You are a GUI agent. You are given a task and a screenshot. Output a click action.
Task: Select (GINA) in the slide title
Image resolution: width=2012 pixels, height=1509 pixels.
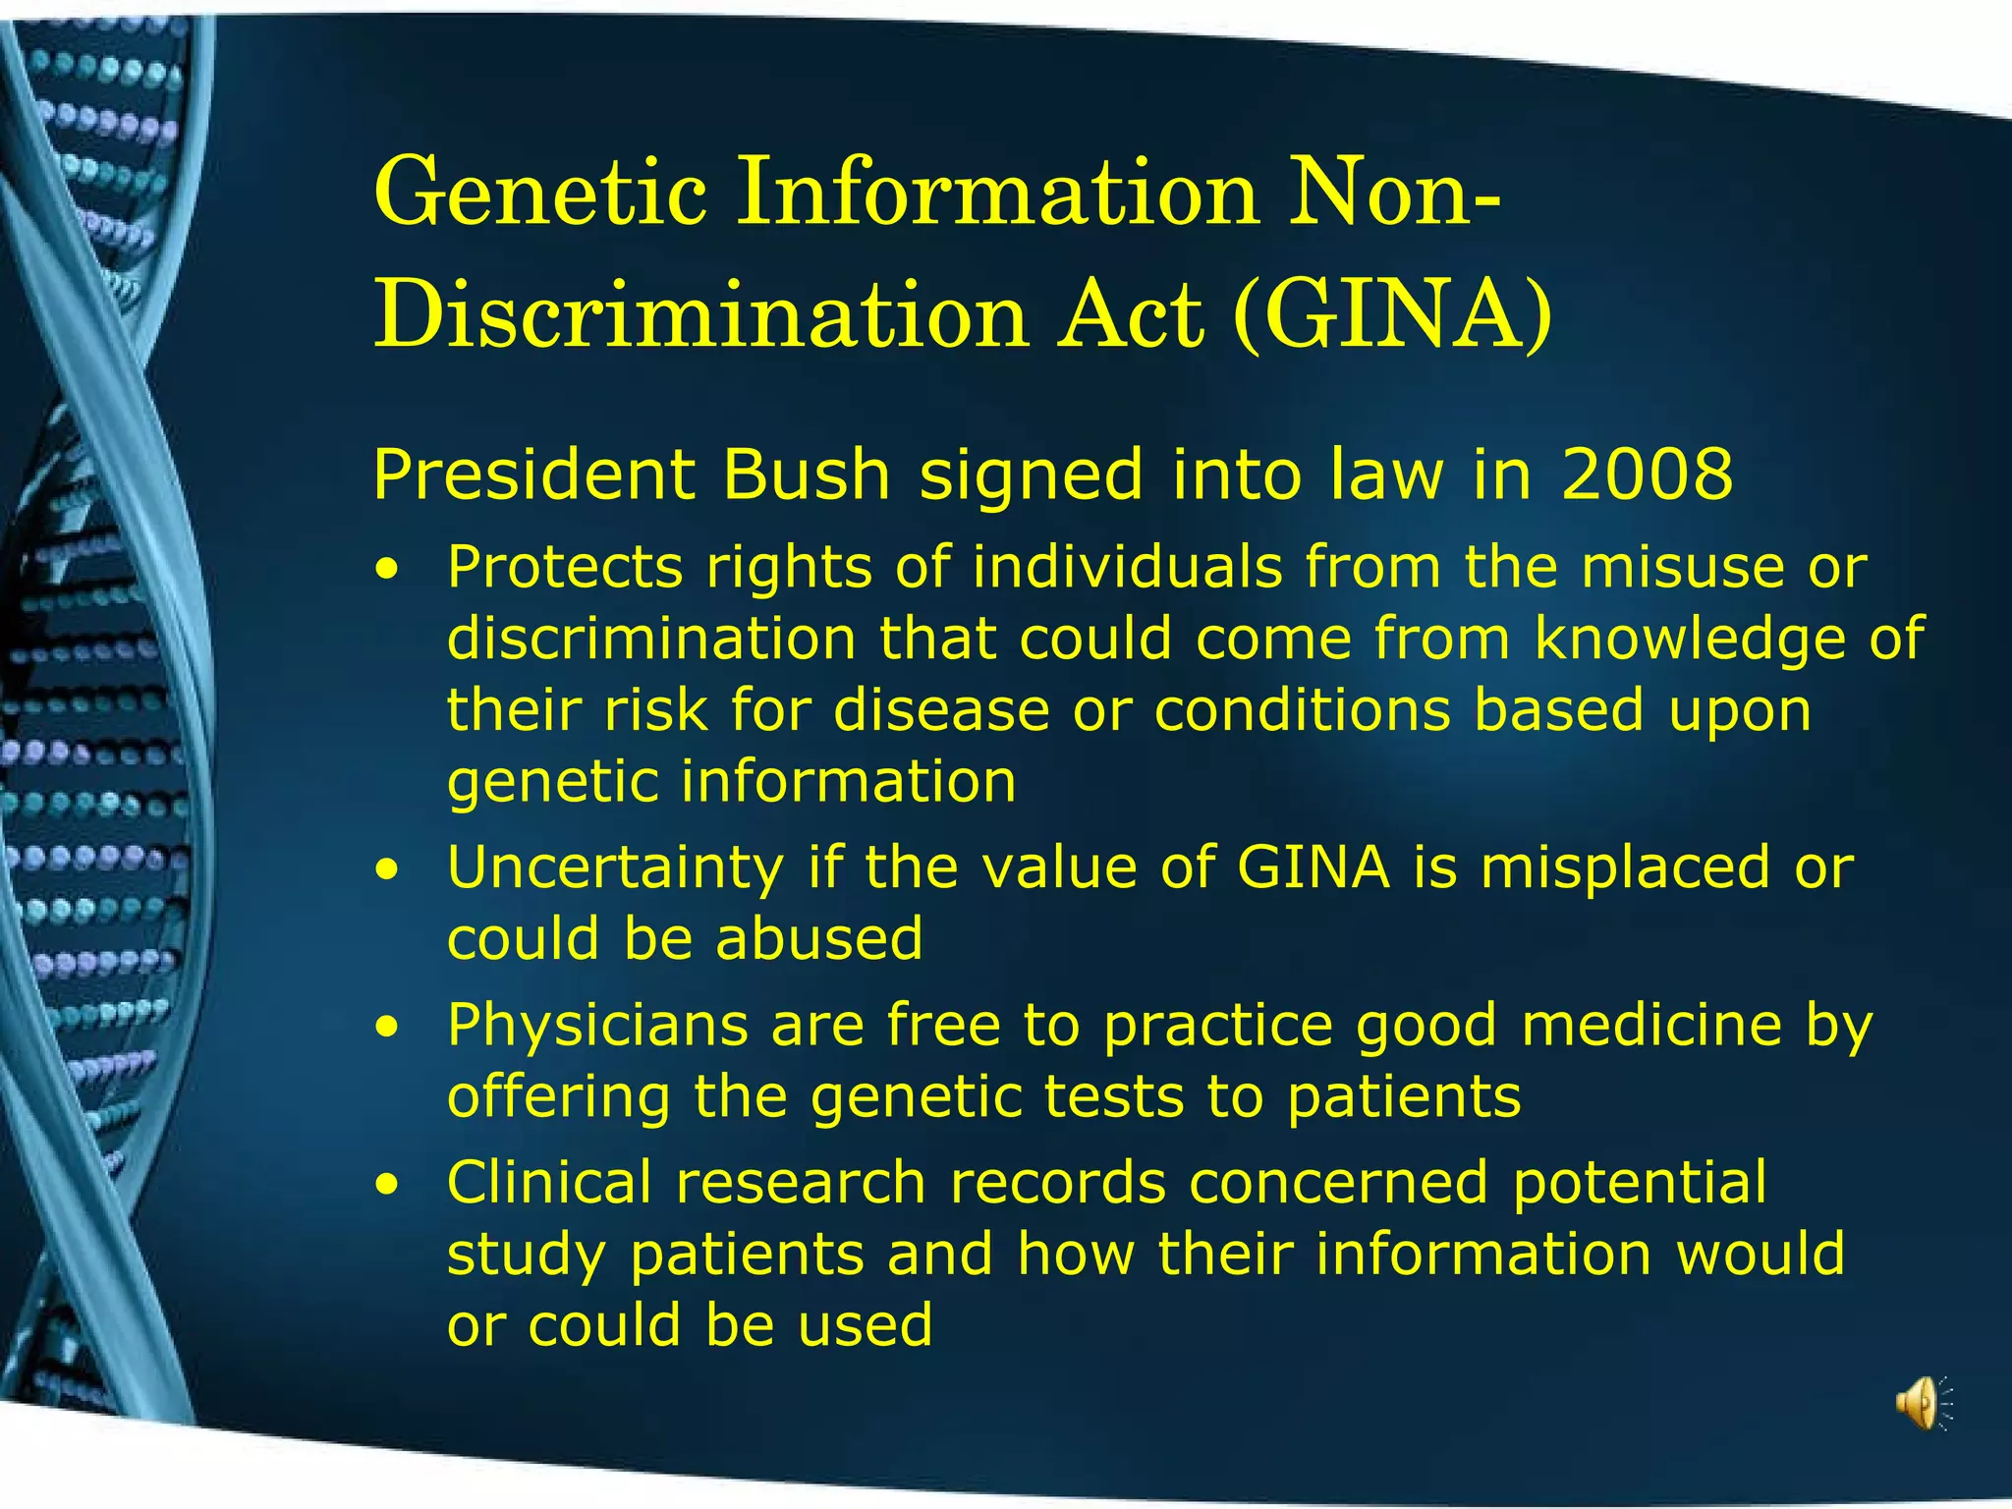point(1392,314)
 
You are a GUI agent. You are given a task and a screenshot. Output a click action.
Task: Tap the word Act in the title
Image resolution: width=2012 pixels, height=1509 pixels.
point(1130,314)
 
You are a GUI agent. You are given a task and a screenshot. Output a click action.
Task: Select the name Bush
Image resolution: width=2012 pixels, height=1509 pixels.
point(807,475)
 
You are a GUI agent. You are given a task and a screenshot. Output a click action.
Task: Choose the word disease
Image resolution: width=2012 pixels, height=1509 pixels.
point(942,710)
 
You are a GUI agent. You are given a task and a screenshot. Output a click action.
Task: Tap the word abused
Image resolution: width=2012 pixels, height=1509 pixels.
point(820,939)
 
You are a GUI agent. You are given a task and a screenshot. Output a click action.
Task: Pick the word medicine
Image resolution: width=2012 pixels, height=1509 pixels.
point(1651,1026)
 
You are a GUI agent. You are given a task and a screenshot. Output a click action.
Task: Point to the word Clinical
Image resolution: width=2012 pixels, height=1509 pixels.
point(549,1182)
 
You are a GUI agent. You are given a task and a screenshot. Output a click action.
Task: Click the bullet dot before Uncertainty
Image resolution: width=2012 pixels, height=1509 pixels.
point(390,870)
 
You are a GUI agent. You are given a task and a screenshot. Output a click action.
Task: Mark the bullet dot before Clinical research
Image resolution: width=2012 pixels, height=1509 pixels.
point(390,1185)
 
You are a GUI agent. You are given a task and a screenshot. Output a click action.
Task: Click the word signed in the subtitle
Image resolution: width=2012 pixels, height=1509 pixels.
point(1032,475)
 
